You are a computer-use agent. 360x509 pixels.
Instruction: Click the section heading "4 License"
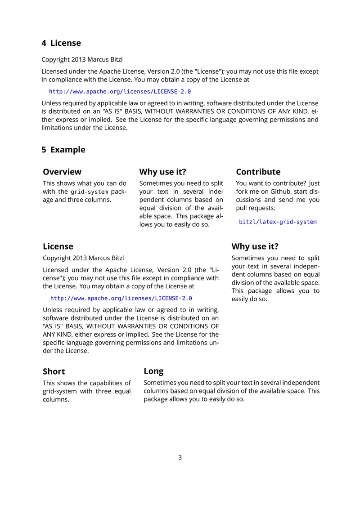pyautogui.click(x=61, y=43)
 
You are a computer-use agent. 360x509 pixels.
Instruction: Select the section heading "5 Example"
pyautogui.click(x=63, y=150)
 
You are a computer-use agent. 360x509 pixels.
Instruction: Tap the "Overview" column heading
pyautogui.click(x=62, y=172)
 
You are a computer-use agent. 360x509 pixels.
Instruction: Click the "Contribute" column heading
pyautogui.click(x=258, y=172)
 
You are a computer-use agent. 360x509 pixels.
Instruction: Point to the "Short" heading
pyautogui.click(x=54, y=371)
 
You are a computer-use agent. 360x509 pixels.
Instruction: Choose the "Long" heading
pyautogui.click(x=153, y=371)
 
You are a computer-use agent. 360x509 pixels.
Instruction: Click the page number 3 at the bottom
pyautogui.click(x=180, y=457)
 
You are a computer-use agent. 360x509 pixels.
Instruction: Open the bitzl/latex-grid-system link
pyautogui.click(x=278, y=222)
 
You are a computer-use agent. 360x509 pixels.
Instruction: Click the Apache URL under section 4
pyautogui.click(x=120, y=91)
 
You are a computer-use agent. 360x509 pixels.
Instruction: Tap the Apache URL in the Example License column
pyautogui.click(x=121, y=298)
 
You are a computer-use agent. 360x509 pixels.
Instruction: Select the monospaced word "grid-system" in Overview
pyautogui.click(x=90, y=192)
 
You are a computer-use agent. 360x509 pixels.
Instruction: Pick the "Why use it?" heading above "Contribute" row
pyautogui.click(x=162, y=172)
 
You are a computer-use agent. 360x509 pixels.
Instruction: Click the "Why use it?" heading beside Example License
pyautogui.click(x=255, y=246)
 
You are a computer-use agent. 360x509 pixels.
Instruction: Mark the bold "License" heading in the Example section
pyautogui.click(x=58, y=246)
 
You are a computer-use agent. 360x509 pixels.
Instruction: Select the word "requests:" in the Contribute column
pyautogui.click(x=261, y=208)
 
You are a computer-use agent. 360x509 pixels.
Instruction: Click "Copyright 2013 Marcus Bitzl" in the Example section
pyautogui.click(x=83, y=258)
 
